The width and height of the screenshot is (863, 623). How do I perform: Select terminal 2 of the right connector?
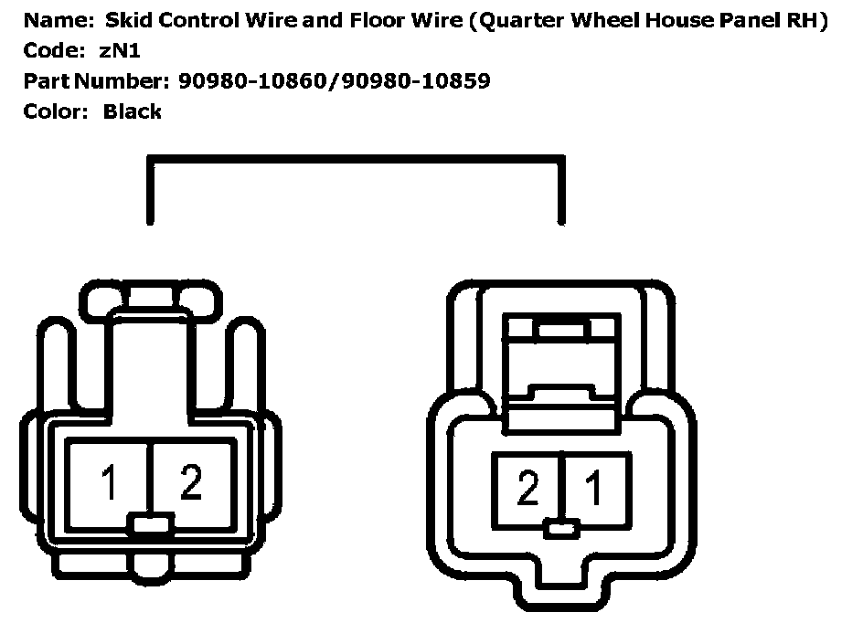tap(527, 490)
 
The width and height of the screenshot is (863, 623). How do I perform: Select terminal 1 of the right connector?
tap(594, 490)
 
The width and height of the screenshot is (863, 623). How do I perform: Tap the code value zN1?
tap(119, 51)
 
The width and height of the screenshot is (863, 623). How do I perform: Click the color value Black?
tap(133, 111)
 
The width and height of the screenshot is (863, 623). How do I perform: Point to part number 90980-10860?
tap(249, 81)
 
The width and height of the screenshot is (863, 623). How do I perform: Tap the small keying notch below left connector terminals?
tap(150, 524)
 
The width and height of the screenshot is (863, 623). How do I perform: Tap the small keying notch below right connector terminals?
tap(560, 529)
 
